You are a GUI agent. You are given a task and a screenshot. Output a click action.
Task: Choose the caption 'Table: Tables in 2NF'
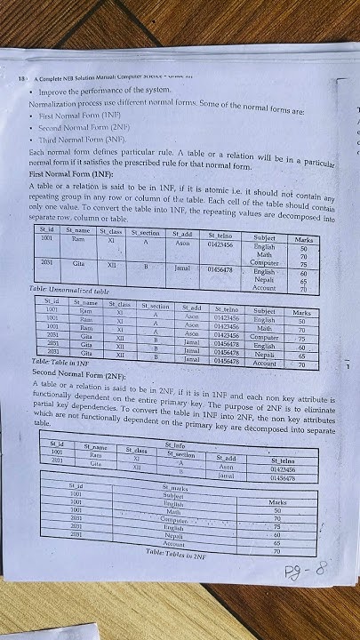pos(183,552)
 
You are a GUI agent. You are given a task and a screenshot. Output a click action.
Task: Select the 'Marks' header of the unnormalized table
pos(305,239)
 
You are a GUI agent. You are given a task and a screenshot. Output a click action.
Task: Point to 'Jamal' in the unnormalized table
pos(184,266)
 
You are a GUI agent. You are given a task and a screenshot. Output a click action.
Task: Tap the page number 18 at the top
pos(21,79)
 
